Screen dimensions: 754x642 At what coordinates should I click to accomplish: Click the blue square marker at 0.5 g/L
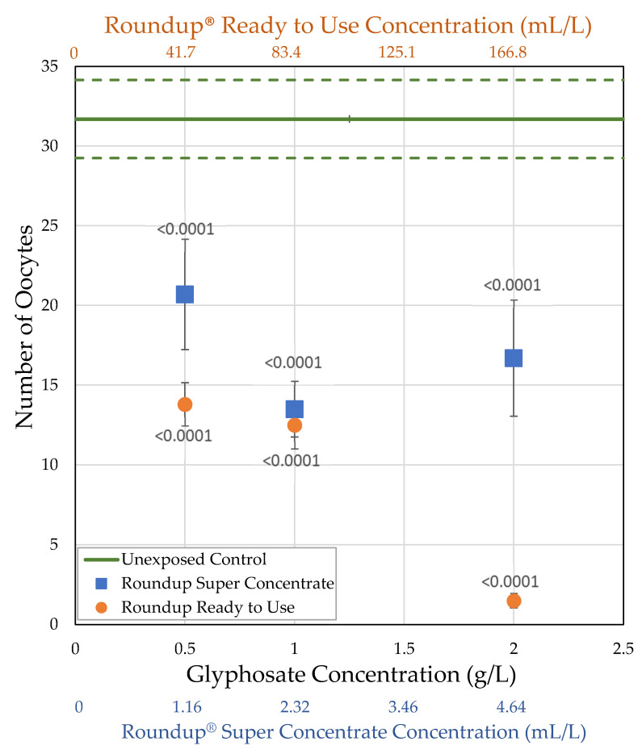coord(185,294)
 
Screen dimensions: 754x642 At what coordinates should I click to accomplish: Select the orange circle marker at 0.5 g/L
coord(185,404)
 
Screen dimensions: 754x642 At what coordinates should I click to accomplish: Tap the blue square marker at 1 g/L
coord(295,409)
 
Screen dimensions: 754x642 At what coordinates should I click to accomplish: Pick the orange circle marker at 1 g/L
coord(295,425)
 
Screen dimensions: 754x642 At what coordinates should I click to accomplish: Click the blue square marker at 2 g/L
coord(514,358)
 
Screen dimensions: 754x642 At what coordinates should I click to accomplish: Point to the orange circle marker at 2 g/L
coord(514,601)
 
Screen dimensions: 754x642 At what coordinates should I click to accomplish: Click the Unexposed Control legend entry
coord(193,559)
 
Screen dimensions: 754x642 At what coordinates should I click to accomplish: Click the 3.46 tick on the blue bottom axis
coord(404,707)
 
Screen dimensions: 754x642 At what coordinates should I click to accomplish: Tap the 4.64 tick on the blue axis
coord(514,707)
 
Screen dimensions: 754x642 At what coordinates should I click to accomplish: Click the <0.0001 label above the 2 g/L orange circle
coord(510,582)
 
